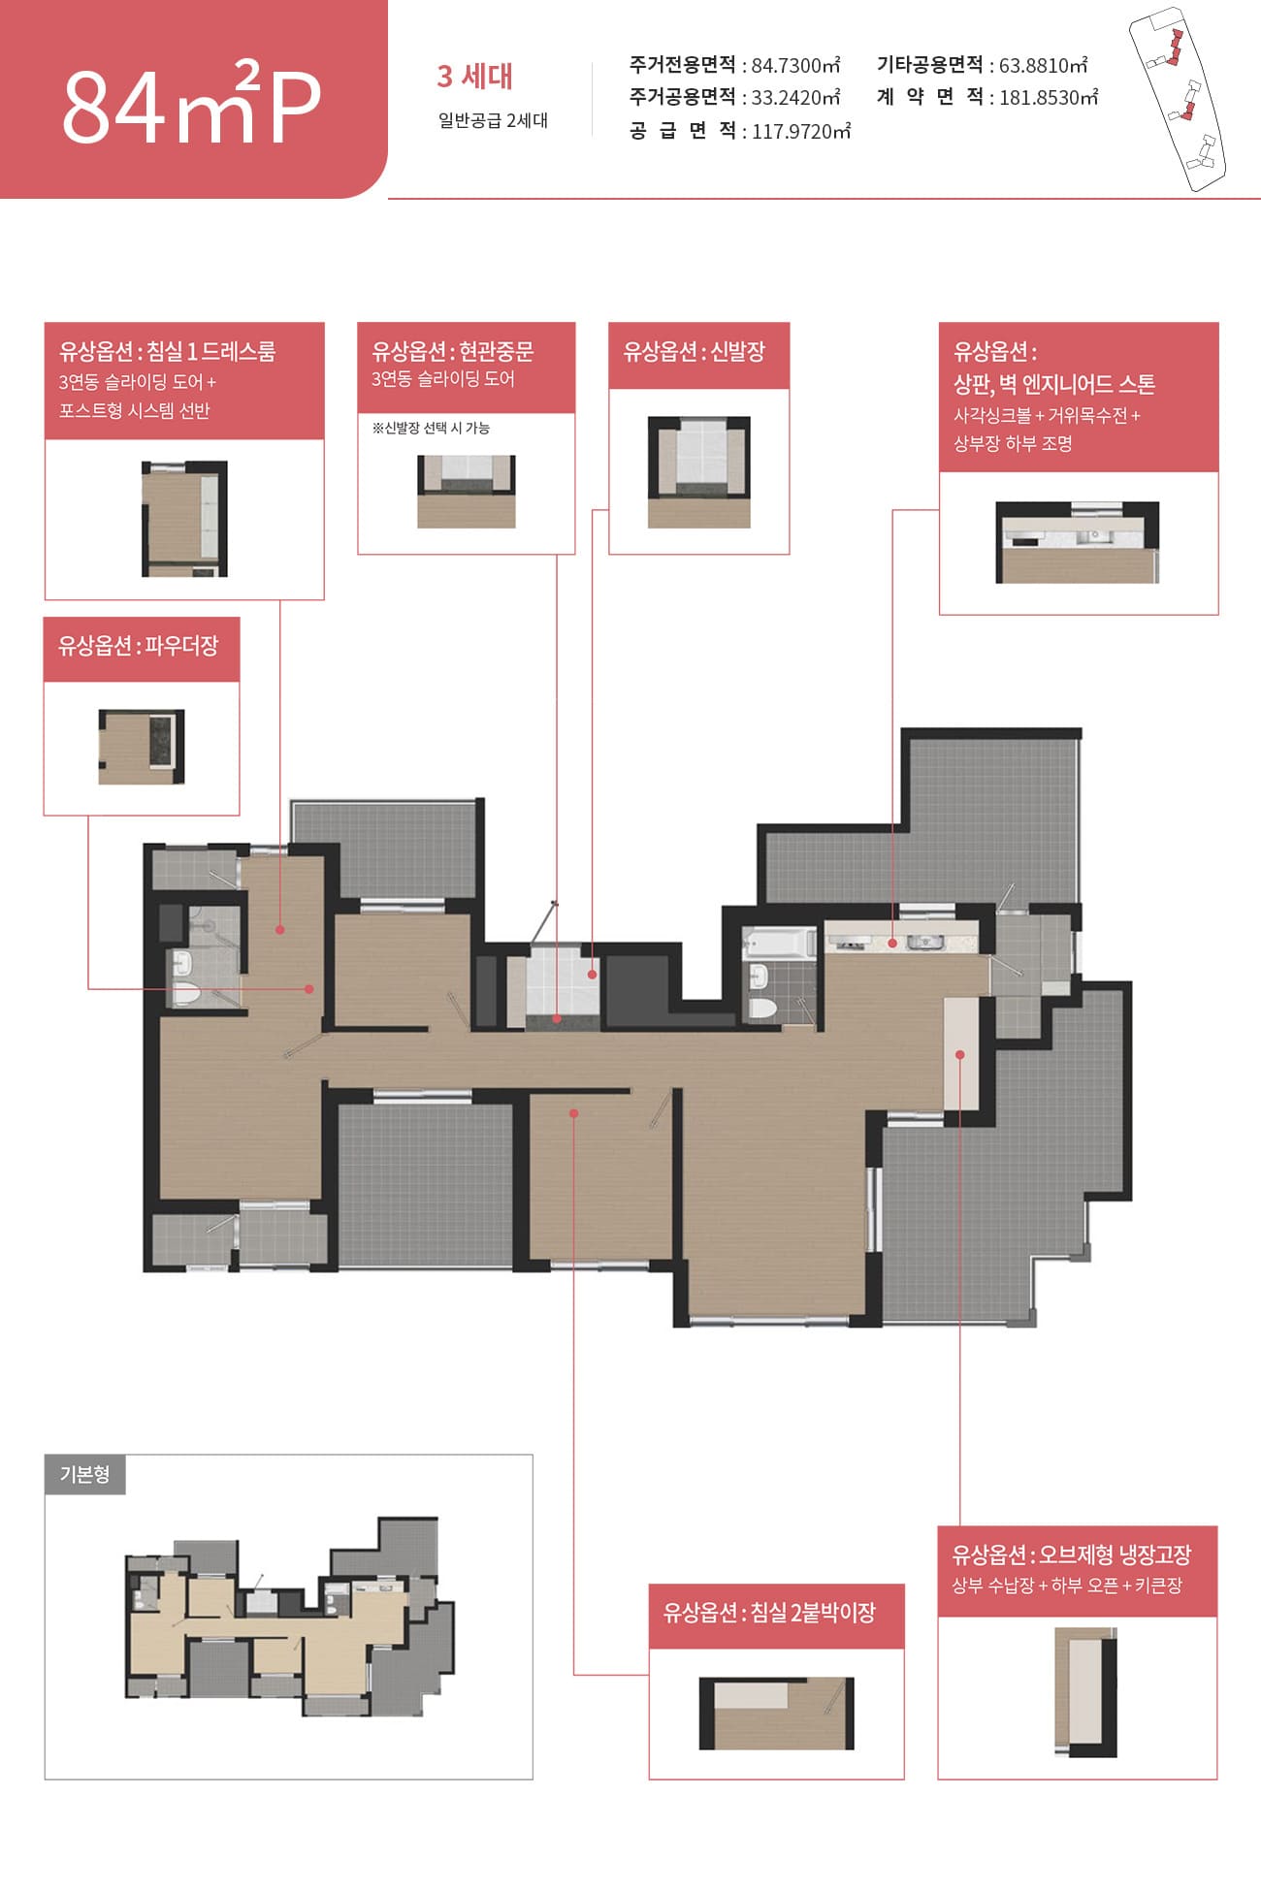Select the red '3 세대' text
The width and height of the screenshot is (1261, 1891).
474,76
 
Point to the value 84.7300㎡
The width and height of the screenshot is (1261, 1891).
795,65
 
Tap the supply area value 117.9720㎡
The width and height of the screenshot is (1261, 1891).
801,131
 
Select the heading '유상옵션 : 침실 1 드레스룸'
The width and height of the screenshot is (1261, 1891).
168,351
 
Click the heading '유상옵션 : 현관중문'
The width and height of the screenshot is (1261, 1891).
453,351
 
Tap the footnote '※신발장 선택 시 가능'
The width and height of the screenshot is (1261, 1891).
431,428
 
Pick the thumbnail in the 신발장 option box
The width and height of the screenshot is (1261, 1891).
699,472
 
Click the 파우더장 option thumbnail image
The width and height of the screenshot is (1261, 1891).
142,747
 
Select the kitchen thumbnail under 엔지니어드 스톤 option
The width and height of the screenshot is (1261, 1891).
1078,542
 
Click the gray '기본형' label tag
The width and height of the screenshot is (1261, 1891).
85,1474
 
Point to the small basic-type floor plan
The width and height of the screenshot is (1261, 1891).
290,1617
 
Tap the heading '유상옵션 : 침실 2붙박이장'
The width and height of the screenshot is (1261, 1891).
769,1613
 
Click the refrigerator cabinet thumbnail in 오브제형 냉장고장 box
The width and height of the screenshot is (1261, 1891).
1086,1692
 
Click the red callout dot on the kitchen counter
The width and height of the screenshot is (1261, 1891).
892,942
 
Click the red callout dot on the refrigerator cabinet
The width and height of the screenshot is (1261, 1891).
959,1054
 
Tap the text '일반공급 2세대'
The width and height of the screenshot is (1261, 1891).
493,120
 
